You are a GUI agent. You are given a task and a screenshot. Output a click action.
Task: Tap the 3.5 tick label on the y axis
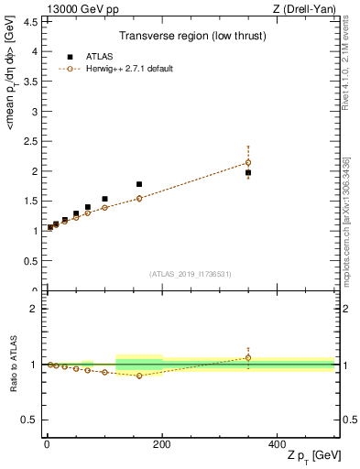(27, 82)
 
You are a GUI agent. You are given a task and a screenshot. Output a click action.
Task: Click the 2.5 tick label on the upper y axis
(27, 141)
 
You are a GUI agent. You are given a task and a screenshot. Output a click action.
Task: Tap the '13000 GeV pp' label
(74, 7)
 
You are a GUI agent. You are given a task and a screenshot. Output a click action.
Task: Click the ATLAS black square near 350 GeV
(248, 172)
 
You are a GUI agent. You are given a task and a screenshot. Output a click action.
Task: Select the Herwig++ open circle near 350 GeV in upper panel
(248, 163)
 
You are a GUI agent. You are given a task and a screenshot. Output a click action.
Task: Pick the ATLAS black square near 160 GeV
(139, 184)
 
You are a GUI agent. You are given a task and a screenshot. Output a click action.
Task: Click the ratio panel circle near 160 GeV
(139, 376)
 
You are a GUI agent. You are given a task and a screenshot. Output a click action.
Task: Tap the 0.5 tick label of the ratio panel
(27, 420)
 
